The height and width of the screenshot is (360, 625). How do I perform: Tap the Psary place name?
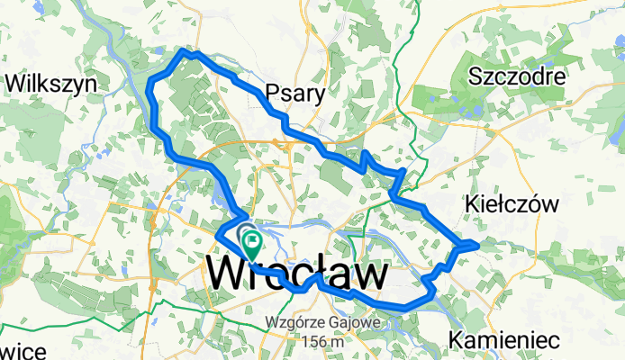tap(294, 93)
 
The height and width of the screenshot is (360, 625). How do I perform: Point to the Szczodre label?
tap(517, 77)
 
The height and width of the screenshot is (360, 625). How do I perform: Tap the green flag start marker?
tap(251, 241)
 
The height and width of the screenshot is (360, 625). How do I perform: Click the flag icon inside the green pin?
tap(251, 240)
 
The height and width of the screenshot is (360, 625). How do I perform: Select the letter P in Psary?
tap(272, 93)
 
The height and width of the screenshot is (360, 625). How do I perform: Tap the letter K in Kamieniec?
tap(456, 340)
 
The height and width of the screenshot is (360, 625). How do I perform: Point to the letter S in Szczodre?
tap(475, 77)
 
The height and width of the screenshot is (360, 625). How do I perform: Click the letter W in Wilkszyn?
tap(14, 84)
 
